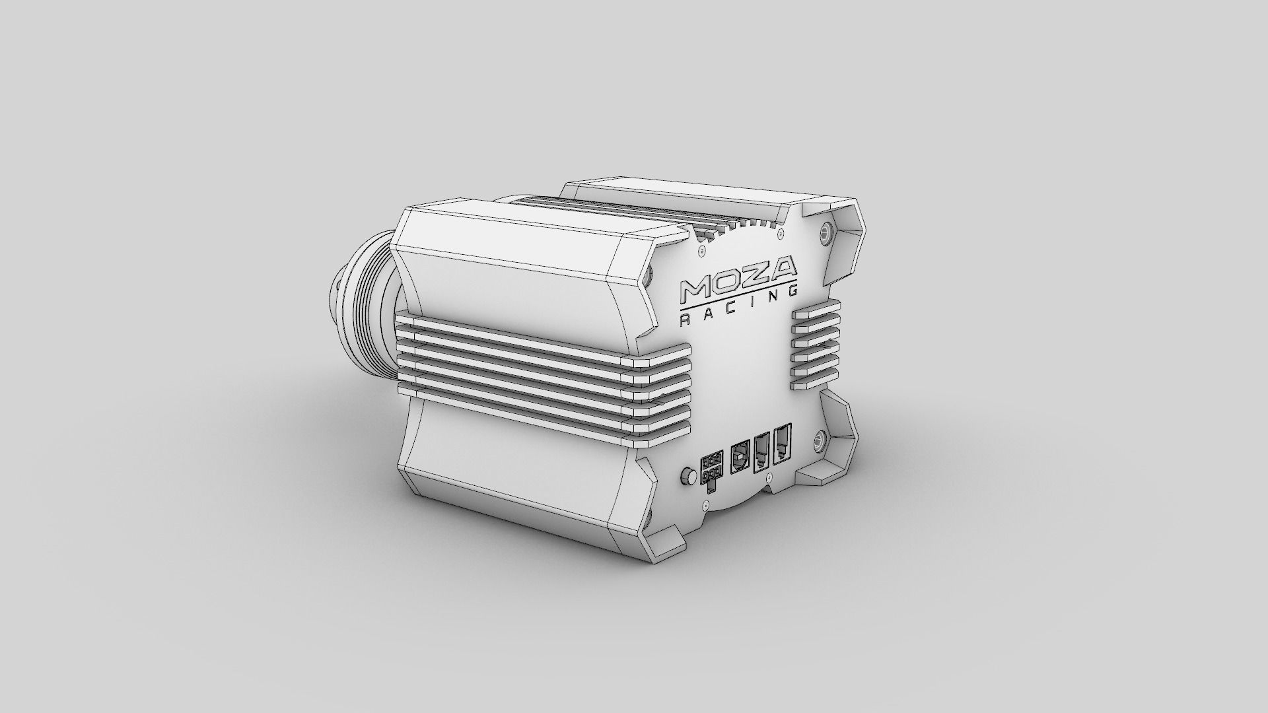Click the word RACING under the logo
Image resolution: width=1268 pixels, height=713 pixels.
tap(738, 313)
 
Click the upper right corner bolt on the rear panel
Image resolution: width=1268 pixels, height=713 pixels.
tap(825, 230)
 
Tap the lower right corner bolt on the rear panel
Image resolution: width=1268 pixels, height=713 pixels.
tap(821, 439)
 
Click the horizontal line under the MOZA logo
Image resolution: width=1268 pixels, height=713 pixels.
tap(738, 300)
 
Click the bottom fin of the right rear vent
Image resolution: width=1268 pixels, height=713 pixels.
tap(814, 382)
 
